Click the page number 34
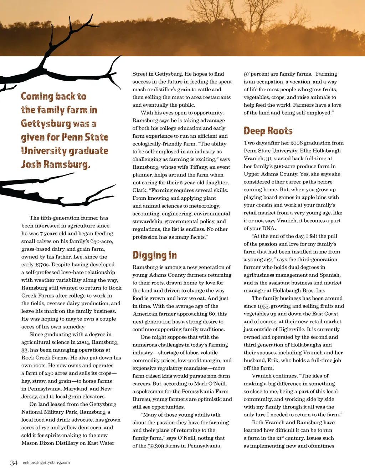pyautogui.click(x=14, y=463)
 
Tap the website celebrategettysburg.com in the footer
pyautogui.click(x=46, y=463)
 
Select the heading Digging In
pyautogui.click(x=154, y=255)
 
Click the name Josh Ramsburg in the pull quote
pyautogui.click(x=55, y=164)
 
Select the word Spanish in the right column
pyautogui.click(x=330, y=275)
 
